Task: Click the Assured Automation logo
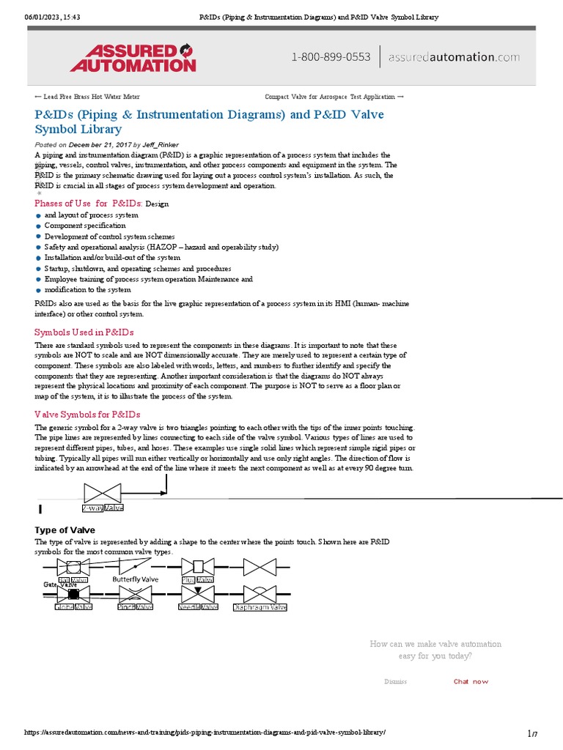point(133,57)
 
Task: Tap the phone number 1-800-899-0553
point(331,57)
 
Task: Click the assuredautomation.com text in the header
point(454,57)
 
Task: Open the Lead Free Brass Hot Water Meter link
point(87,97)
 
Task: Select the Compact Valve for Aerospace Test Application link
point(334,97)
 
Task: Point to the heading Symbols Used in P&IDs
point(84,333)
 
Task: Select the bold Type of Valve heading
point(65,530)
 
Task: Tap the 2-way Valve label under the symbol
point(103,508)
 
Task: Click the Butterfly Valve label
point(135,579)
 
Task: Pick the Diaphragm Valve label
point(260,607)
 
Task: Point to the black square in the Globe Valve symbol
point(73,593)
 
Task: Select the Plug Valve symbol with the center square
point(198,566)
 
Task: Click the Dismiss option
point(395,682)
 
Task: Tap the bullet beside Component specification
point(38,226)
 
